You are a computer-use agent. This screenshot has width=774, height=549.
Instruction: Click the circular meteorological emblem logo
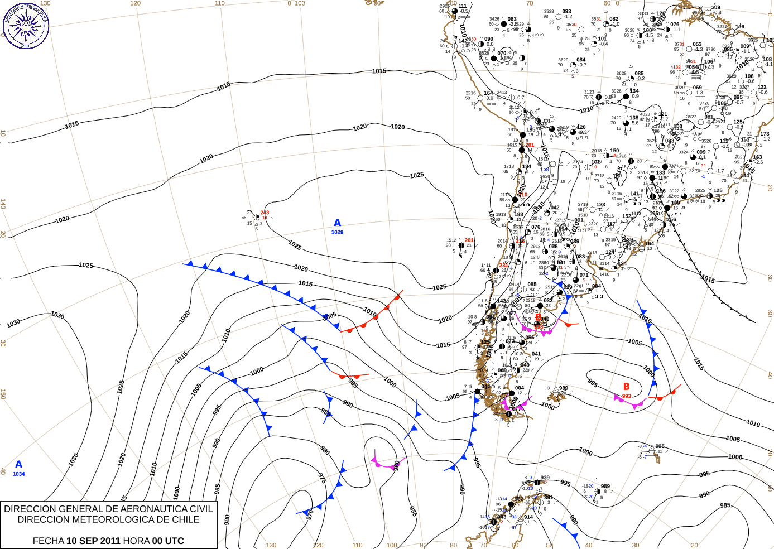tap(26, 25)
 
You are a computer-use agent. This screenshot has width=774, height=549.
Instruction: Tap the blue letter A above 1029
tap(337, 223)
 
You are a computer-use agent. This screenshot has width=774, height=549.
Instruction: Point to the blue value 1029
tap(337, 232)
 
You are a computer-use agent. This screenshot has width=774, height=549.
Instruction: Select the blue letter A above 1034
tap(19, 464)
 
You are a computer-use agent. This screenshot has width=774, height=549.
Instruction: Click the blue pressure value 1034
tap(19, 474)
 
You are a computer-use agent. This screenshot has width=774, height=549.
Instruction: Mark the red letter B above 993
tap(626, 387)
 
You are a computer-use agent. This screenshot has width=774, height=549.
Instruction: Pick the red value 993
tap(627, 396)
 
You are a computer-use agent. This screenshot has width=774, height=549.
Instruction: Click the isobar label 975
tap(322, 478)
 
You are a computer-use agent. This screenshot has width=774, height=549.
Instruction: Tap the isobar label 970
tap(310, 514)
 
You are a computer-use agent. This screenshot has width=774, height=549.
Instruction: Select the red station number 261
tap(469, 240)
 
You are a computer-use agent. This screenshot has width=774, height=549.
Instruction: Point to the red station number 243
tap(265, 213)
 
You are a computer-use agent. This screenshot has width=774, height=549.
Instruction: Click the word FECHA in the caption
tap(48, 541)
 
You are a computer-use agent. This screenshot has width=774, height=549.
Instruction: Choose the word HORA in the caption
tap(136, 541)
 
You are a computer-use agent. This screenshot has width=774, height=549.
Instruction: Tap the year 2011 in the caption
tap(109, 541)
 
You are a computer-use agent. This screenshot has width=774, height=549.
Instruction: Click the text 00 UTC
tap(168, 541)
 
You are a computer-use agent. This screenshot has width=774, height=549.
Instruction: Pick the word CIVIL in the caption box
tap(200, 509)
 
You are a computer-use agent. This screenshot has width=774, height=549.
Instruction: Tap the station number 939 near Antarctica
tap(545, 478)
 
